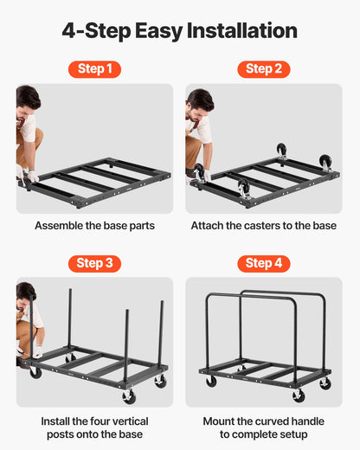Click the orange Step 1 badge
coord(94,68)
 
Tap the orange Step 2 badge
coord(264,68)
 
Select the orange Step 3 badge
coord(94,263)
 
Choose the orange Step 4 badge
coord(264,263)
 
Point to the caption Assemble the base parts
coord(94,226)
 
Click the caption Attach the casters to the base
coord(264,226)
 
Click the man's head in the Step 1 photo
coord(27,98)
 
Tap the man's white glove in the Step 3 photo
coord(37,352)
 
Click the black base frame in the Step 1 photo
coord(95,182)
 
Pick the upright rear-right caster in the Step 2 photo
coord(325,162)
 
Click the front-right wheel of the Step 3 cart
coord(160,381)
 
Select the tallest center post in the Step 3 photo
coord(70,320)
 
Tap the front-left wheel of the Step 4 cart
coord(211,381)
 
